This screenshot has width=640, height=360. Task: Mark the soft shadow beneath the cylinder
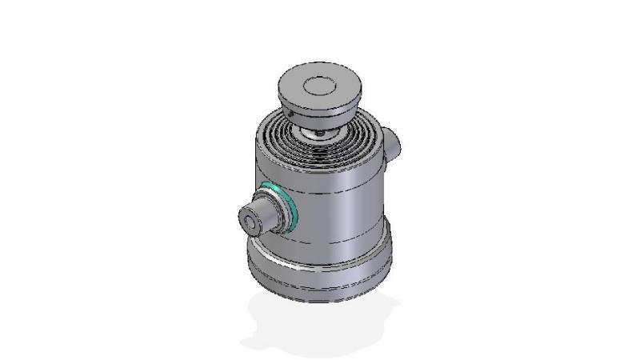click(x=320, y=324)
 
